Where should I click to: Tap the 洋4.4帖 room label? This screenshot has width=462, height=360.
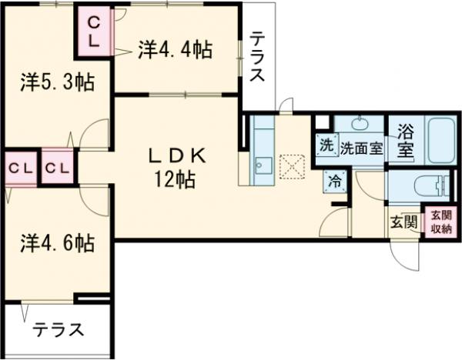tap(175, 50)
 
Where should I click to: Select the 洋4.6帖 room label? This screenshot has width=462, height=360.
tap(57, 244)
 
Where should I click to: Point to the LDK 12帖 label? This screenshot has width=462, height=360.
tap(178, 168)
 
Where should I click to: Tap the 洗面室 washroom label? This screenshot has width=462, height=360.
tap(362, 148)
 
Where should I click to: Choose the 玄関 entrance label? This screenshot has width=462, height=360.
tap(403, 223)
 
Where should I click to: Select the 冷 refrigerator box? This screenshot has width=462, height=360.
tap(335, 182)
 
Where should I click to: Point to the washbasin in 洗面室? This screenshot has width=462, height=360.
tap(360, 124)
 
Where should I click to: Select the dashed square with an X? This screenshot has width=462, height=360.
tap(292, 165)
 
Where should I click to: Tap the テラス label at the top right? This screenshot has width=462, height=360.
tap(258, 58)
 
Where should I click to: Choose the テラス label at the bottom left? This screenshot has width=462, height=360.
tap(58, 330)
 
